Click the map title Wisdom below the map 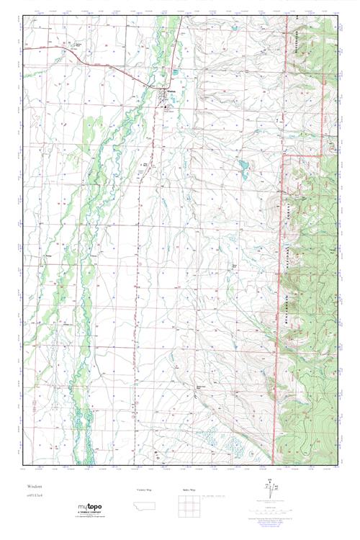pos(36,487)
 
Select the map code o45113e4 pos(37,495)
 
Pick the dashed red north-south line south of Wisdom pos(135,288)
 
